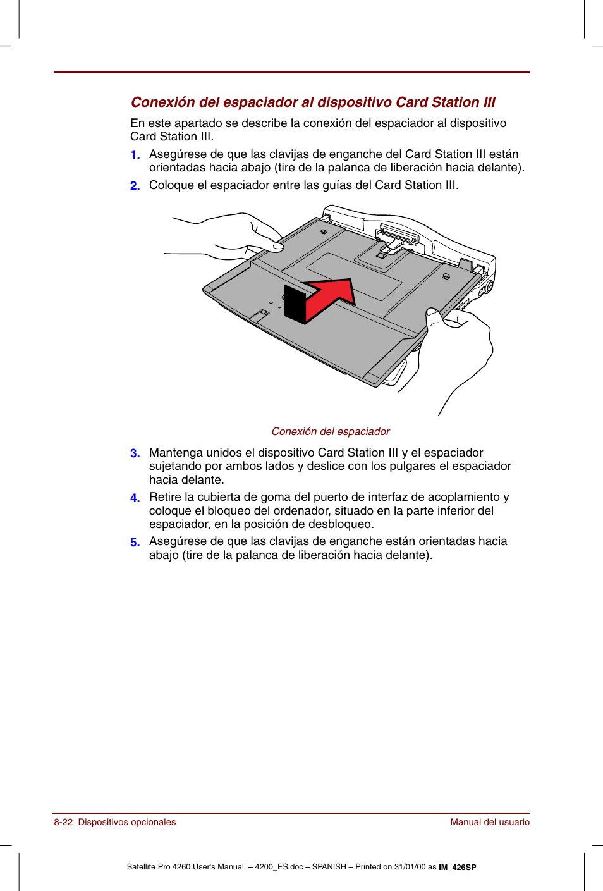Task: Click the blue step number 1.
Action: pyautogui.click(x=135, y=155)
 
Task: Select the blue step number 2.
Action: pyautogui.click(x=135, y=186)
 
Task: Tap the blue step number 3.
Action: pyautogui.click(x=135, y=453)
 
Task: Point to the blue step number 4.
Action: pyautogui.click(x=135, y=498)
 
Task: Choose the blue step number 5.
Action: pyautogui.click(x=135, y=543)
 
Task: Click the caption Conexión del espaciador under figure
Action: pyautogui.click(x=330, y=431)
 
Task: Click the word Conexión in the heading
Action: pyautogui.click(x=162, y=102)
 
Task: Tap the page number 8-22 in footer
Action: pyautogui.click(x=63, y=822)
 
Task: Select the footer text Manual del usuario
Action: pyautogui.click(x=489, y=822)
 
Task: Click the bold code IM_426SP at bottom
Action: pyautogui.click(x=457, y=868)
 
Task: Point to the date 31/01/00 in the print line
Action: pyautogui.click(x=410, y=867)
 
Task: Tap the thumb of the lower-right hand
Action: pyautogui.click(x=433, y=316)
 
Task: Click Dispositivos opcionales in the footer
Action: pyautogui.click(x=126, y=822)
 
